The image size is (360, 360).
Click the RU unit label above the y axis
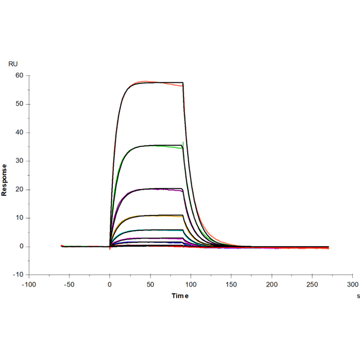tap(13, 64)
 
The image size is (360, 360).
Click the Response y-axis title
tap(5, 179)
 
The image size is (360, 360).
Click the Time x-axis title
tap(180, 295)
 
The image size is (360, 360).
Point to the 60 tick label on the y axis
tap(20, 76)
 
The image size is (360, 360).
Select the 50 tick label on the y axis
tap(20, 104)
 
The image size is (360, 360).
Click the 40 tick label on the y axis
tap(20, 133)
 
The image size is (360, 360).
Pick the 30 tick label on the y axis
tap(20, 161)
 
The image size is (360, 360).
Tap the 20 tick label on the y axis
tap(20, 190)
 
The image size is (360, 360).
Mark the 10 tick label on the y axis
tap(20, 218)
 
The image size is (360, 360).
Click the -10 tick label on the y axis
tap(18, 275)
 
